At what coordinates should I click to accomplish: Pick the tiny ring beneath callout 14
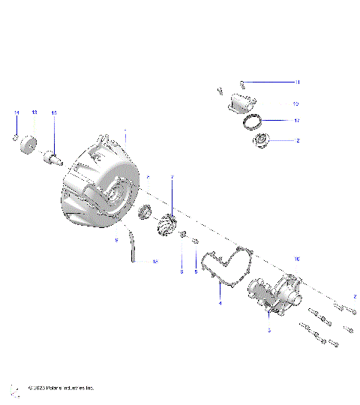coord(16,137)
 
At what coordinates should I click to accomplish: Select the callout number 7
coord(171,177)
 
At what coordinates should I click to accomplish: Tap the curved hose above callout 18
coord(133,246)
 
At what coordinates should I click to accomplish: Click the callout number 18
coord(155,262)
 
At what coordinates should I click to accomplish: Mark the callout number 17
coord(297,120)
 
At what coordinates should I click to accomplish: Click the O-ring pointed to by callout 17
coord(255,121)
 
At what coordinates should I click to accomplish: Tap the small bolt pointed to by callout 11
coord(242,82)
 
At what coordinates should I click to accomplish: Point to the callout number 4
coord(220,303)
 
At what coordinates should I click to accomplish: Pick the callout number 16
coord(297,258)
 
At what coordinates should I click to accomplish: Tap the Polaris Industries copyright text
coord(60,388)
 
